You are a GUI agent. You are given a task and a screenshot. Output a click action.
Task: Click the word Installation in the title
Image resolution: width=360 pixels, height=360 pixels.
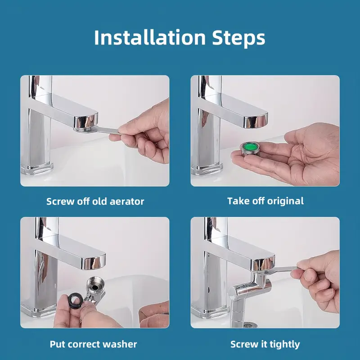point(150,37)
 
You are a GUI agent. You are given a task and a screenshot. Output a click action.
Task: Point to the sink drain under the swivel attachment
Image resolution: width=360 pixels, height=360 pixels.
point(250,324)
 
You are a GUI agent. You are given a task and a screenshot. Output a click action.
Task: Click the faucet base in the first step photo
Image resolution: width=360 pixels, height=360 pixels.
point(37,168)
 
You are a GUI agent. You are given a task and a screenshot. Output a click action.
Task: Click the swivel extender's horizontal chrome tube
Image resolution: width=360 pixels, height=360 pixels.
point(246,289)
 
